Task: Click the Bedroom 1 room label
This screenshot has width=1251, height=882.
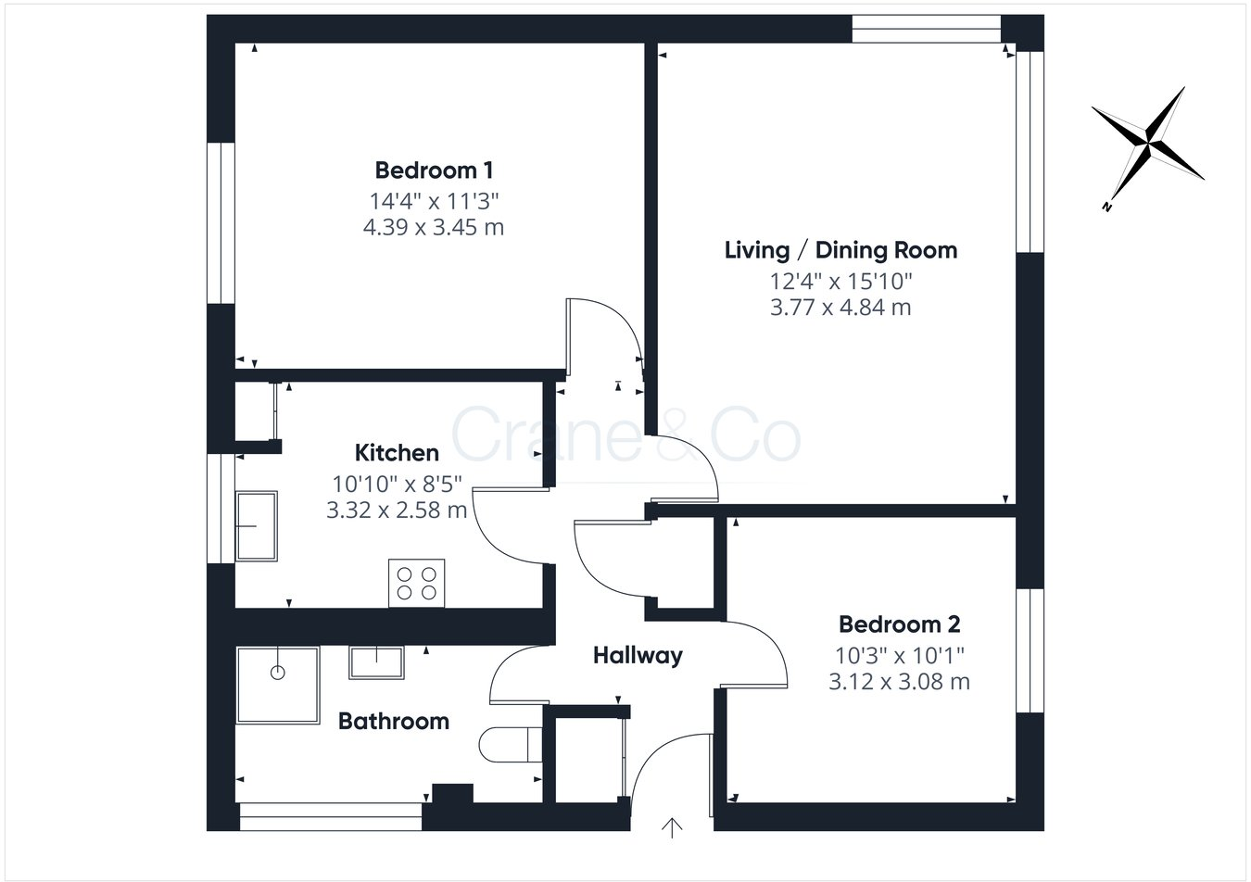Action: pos(434,170)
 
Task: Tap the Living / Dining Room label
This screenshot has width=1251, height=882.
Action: pos(840,250)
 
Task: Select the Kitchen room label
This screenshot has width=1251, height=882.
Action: pos(397,453)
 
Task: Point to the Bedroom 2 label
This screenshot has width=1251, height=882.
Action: pos(899,624)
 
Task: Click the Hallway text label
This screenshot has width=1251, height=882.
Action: pos(638,656)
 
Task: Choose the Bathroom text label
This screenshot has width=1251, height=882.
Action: pos(393,721)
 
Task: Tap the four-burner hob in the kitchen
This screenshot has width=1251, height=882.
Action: pos(416,584)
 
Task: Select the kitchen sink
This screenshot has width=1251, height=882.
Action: pos(256,526)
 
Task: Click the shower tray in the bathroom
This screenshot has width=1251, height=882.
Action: pos(277,685)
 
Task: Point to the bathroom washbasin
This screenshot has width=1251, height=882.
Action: pos(376,662)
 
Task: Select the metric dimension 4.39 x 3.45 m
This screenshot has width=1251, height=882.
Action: pos(434,227)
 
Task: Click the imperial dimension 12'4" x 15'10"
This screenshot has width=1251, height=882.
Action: pos(840,280)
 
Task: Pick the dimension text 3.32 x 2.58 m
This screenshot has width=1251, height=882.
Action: pos(397,510)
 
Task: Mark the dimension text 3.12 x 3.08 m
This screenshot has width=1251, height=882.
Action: pos(899,682)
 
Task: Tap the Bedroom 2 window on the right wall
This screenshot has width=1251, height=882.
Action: pos(1030,649)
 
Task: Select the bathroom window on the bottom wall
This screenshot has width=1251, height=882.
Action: pos(331,816)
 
